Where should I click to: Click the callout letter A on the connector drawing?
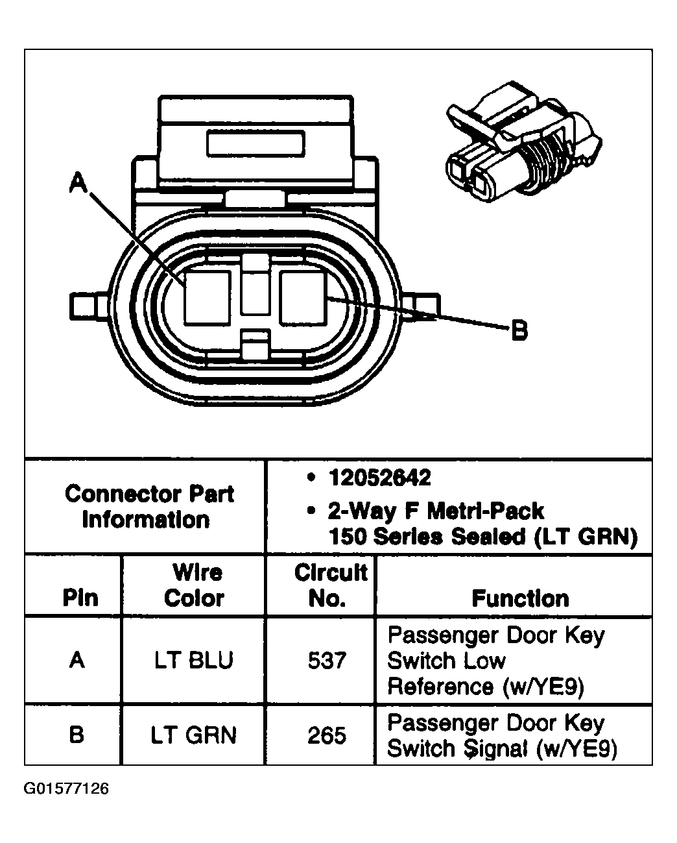click(x=78, y=182)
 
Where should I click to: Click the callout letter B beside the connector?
click(x=519, y=330)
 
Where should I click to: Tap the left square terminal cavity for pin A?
click(x=207, y=297)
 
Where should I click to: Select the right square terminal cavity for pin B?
click(x=303, y=297)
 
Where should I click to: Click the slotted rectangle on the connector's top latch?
click(x=255, y=142)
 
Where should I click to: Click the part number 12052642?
click(x=379, y=478)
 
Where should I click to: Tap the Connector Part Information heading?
click(x=148, y=507)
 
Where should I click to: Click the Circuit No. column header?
click(x=330, y=585)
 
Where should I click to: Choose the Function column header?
click(x=520, y=598)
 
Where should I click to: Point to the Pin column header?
click(x=80, y=598)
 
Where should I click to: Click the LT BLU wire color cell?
click(x=194, y=661)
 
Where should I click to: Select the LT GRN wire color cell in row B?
click(x=194, y=735)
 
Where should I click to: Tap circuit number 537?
click(x=327, y=661)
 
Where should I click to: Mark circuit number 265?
click(x=327, y=735)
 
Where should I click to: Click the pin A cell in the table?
click(x=77, y=661)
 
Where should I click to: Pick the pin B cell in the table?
click(x=77, y=735)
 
